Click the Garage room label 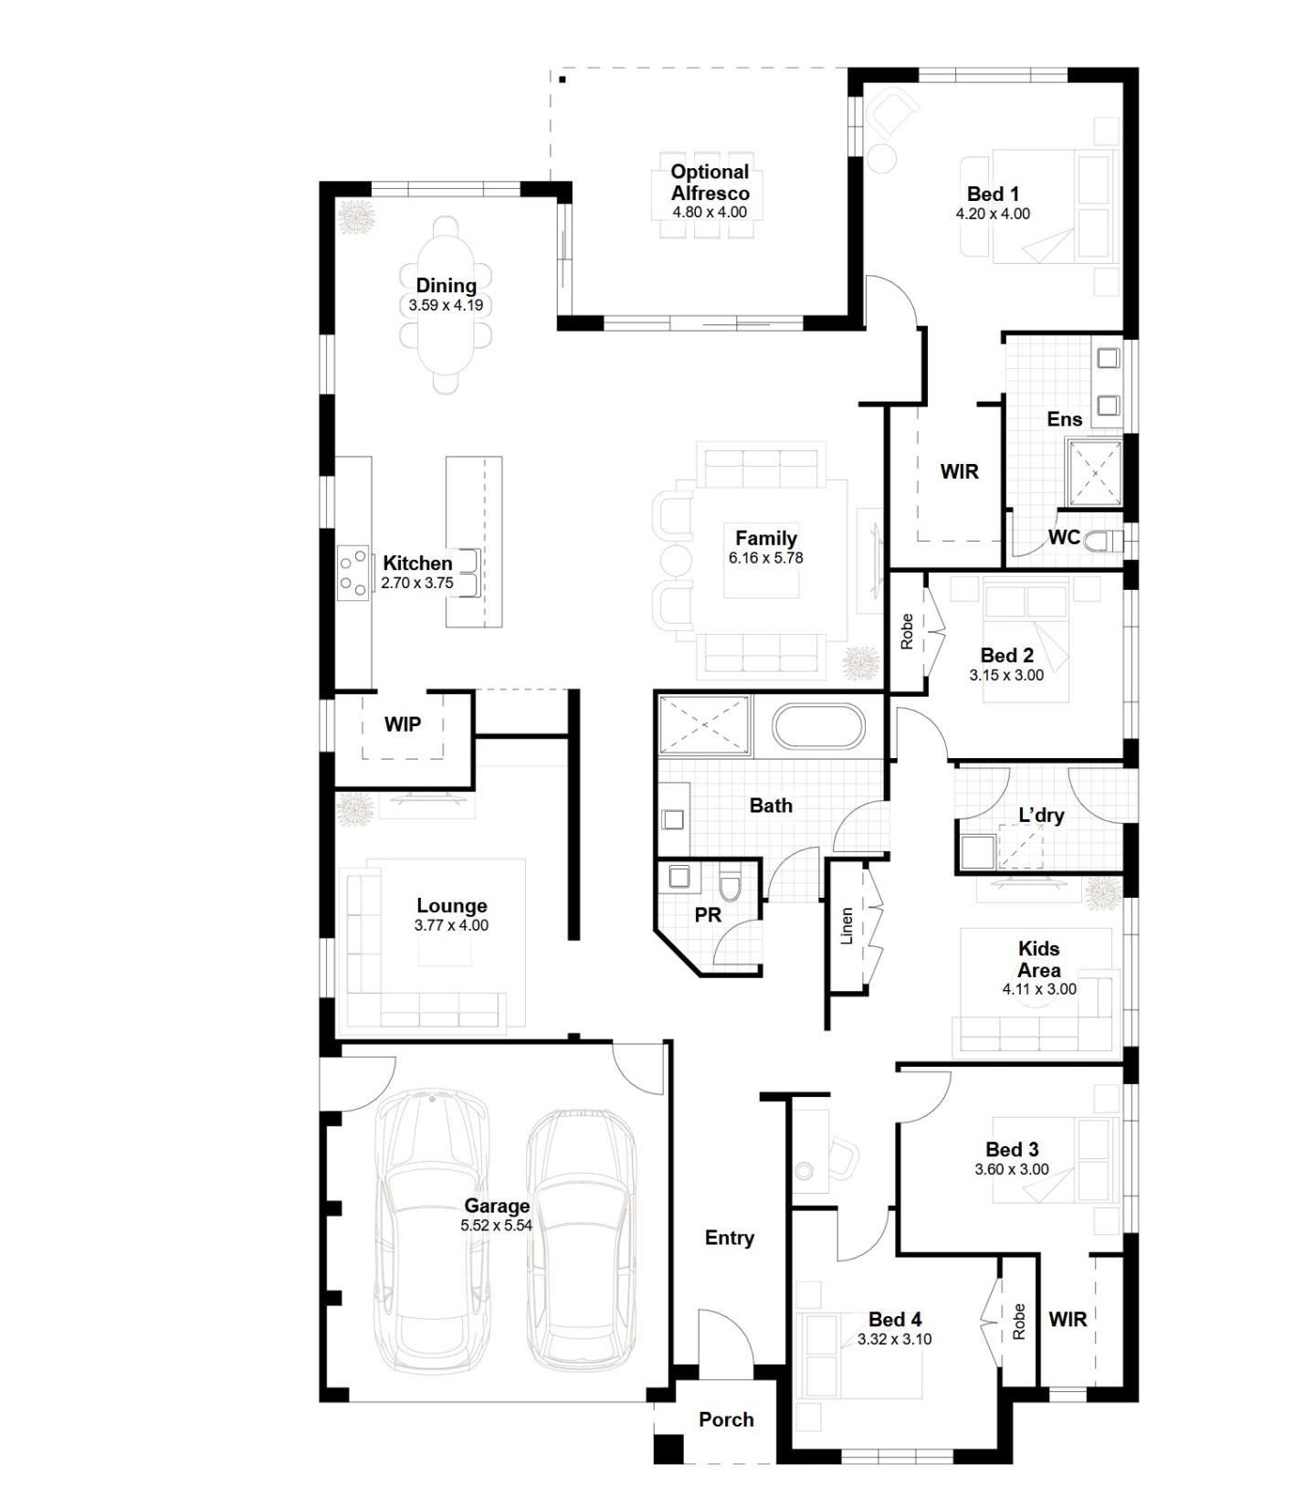(496, 1205)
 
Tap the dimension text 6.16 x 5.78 (765, 558)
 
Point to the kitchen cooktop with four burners (353, 572)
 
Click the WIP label (402, 724)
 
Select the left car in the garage (432, 1228)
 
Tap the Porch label (726, 1419)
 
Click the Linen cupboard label (847, 925)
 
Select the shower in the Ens (1095, 472)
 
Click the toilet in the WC (1110, 540)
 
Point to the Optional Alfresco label (710, 182)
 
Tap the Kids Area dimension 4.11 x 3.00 (1039, 989)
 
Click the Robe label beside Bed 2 (907, 631)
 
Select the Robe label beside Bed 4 (1019, 1321)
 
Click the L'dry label (1041, 815)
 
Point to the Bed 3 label (1011, 1149)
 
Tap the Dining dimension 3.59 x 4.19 (446, 306)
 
